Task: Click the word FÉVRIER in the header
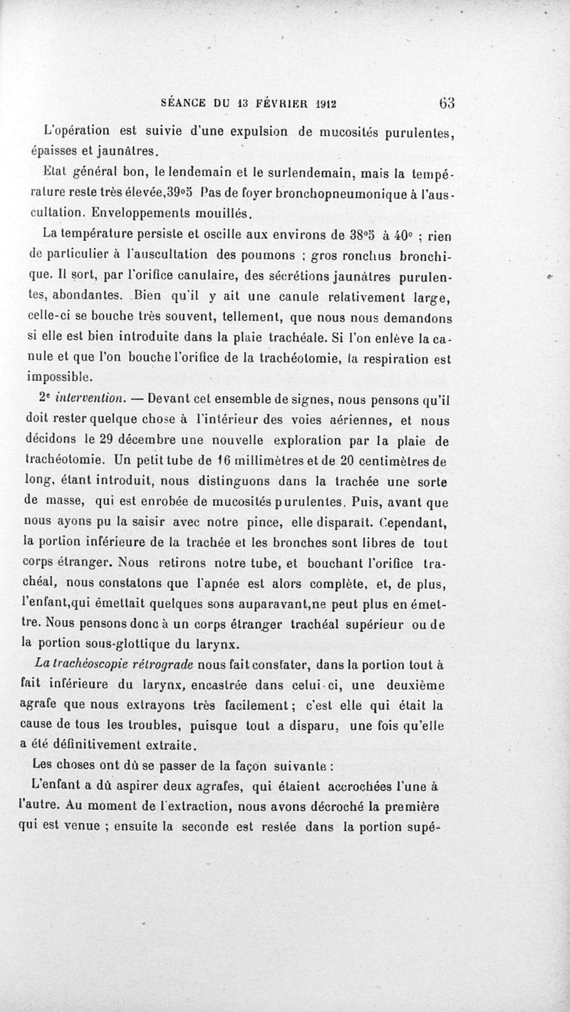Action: click(x=272, y=103)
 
